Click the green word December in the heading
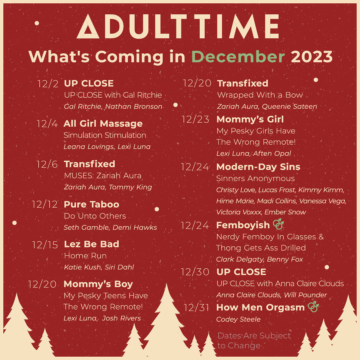coord(238,57)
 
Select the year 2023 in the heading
coord(312,57)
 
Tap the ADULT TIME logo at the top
coord(178,27)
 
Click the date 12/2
coord(48,84)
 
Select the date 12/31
coord(196,308)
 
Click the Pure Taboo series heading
coord(91,204)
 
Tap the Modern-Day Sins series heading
coord(258,167)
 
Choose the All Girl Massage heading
coord(103,124)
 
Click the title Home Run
coord(85,256)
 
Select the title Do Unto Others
coord(95,216)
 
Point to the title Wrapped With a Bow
coord(260,95)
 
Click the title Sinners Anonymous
coord(255,179)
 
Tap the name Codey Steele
coord(238,319)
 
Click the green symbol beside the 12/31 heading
coord(313,307)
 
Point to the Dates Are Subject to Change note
coord(254,340)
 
